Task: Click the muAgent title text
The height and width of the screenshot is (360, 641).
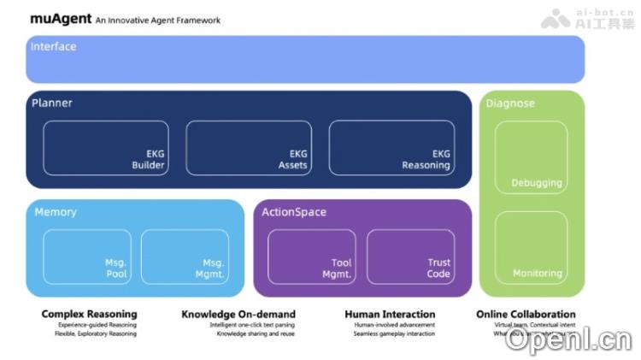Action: point(61,18)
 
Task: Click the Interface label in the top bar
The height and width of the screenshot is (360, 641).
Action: point(53,46)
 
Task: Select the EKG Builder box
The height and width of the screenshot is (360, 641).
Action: point(106,148)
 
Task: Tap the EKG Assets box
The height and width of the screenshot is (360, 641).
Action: point(249,148)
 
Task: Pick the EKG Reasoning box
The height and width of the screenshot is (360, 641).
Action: point(391,148)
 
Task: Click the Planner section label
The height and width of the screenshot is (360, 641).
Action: point(51,103)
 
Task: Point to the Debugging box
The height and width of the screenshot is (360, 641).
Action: point(531,157)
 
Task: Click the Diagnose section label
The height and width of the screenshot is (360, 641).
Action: point(510,103)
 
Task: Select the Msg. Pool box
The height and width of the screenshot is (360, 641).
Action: point(87,257)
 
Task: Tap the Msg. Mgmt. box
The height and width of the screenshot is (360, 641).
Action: point(185,257)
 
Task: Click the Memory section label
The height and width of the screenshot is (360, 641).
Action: point(56,211)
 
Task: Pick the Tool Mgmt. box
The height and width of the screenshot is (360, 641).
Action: point(312,257)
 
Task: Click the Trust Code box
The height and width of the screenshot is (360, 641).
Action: point(410,257)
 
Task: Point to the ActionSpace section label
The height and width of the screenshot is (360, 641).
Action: point(294,212)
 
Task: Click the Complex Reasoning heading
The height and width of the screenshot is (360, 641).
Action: point(89,314)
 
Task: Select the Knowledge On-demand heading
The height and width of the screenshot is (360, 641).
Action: point(238,314)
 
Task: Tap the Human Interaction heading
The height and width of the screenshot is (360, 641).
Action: point(390,314)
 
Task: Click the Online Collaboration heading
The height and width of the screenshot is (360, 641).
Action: point(526,314)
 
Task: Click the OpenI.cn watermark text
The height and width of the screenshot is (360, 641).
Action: point(567,340)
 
